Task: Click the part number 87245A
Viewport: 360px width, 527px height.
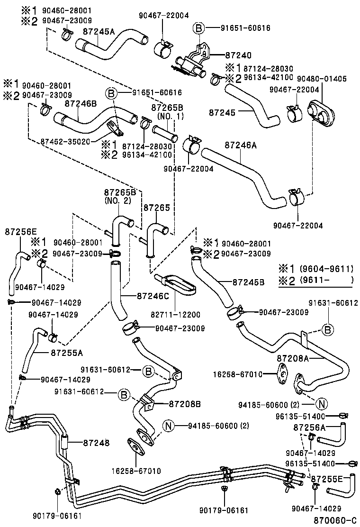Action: click(99, 31)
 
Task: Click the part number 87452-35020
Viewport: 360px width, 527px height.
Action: click(65, 141)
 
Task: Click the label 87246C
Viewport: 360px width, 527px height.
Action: click(153, 296)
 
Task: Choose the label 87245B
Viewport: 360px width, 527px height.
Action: click(249, 282)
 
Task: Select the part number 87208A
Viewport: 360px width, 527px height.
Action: click(293, 358)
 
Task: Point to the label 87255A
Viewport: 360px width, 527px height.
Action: click(66, 353)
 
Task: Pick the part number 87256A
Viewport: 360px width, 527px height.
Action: click(309, 427)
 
